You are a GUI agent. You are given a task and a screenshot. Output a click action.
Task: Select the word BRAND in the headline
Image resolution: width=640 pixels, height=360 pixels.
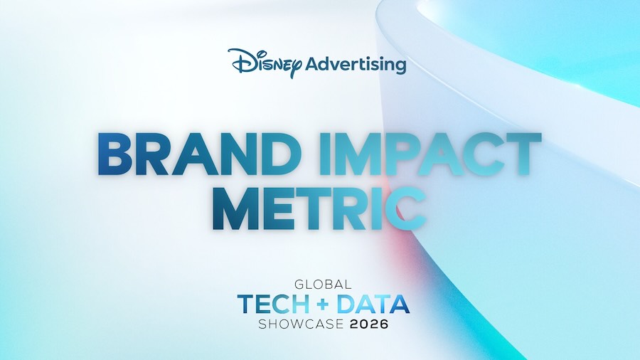[196, 154]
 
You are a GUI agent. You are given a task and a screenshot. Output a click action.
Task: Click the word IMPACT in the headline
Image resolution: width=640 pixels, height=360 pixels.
[430, 154]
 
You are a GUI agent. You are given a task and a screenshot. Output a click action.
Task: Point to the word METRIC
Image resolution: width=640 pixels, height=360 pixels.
[319, 208]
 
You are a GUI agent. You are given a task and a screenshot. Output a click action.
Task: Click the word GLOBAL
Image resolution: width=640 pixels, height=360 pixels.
[323, 284]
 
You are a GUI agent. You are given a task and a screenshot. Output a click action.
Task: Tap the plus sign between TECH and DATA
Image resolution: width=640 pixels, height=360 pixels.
[323, 305]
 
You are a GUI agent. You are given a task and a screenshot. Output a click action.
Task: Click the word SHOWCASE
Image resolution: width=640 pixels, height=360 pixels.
[301, 324]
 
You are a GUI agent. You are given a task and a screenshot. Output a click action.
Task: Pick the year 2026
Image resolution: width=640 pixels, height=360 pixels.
[369, 324]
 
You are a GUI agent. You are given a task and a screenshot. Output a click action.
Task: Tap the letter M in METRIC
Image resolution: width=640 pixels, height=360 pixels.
[236, 209]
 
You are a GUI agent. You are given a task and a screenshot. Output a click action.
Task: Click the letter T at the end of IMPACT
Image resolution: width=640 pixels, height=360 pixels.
[523, 154]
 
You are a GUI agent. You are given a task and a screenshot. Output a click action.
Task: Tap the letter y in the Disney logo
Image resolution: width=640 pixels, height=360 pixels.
[297, 68]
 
